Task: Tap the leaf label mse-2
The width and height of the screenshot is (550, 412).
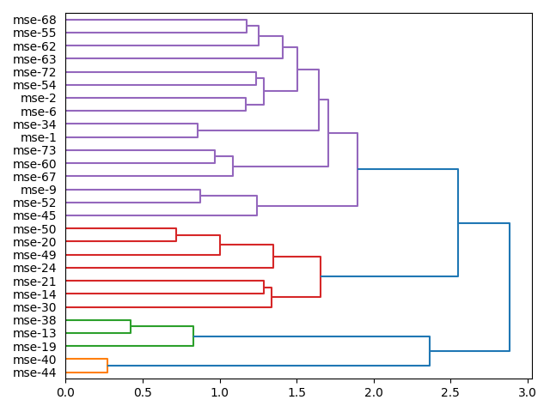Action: pyautogui.click(x=39, y=98)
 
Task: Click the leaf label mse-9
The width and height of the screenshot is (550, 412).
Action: pyautogui.click(x=39, y=190)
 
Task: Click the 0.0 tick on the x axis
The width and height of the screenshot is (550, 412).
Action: pyautogui.click(x=66, y=393)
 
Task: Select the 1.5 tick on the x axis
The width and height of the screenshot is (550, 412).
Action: pyautogui.click(x=296, y=393)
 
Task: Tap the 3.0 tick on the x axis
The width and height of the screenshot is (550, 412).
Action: pyautogui.click(x=527, y=393)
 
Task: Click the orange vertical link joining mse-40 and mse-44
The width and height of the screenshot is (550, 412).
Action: pyautogui.click(x=107, y=366)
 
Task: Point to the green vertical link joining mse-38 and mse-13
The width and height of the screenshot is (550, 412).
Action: pyautogui.click(x=131, y=327)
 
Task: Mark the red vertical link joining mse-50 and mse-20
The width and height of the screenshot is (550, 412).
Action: pyautogui.click(x=176, y=235)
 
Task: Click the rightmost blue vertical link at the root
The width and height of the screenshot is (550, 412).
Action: pyautogui.click(x=510, y=287)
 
